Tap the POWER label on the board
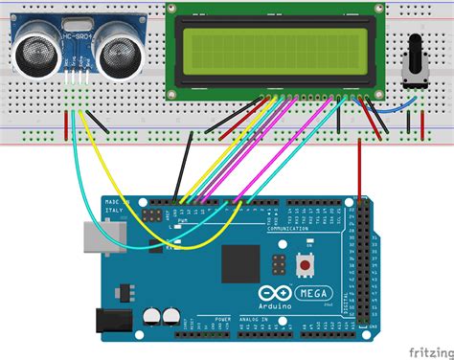pos(222,319)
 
